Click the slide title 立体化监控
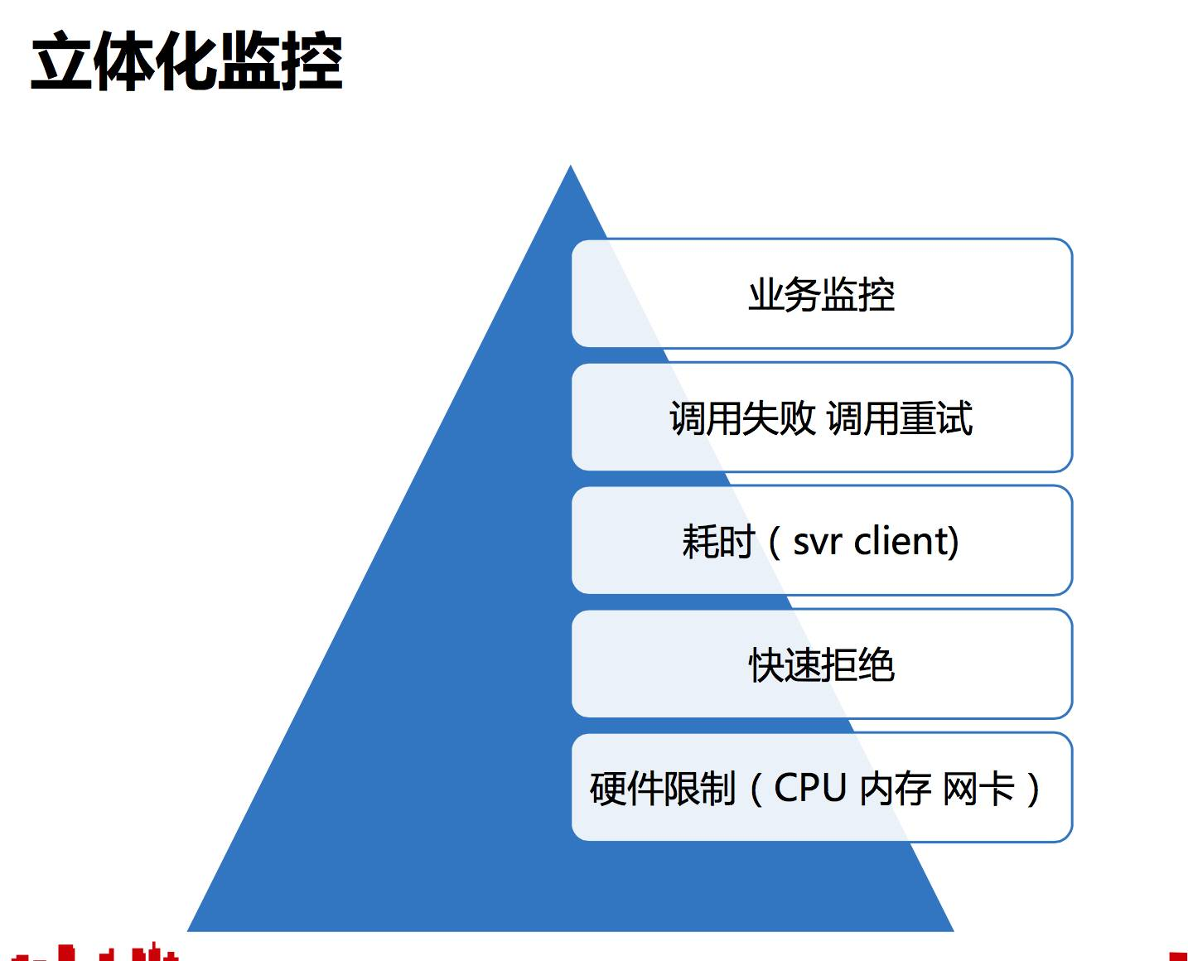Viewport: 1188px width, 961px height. tap(186, 62)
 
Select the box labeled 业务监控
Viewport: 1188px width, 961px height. tap(821, 294)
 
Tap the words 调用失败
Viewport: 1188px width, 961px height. tap(742, 418)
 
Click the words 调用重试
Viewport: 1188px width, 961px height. tap(900, 418)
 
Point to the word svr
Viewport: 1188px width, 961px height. tap(817, 542)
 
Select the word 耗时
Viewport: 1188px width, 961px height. tap(717, 542)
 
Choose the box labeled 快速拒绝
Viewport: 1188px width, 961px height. tap(821, 664)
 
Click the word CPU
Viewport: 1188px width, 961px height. tap(809, 788)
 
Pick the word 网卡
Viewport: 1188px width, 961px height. tap(978, 789)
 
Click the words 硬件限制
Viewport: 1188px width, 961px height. tap(662, 789)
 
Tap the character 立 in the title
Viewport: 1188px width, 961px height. tap(61, 62)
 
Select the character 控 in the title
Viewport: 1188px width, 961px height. tap(311, 62)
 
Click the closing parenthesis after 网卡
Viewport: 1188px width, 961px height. tap(1032, 789)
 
